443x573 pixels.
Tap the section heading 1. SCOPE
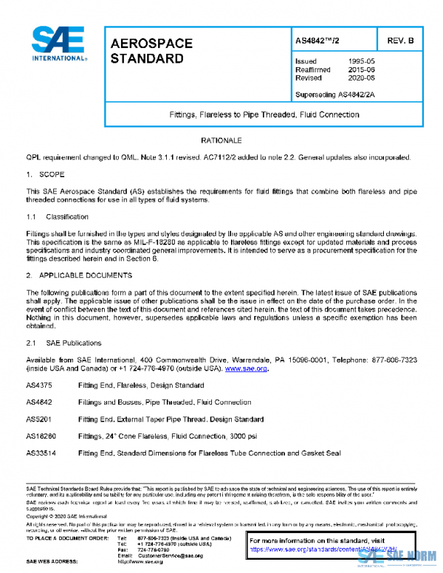(x=46, y=175)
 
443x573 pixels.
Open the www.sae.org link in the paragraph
(x=246, y=368)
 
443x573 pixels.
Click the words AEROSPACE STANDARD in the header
(x=151, y=51)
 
